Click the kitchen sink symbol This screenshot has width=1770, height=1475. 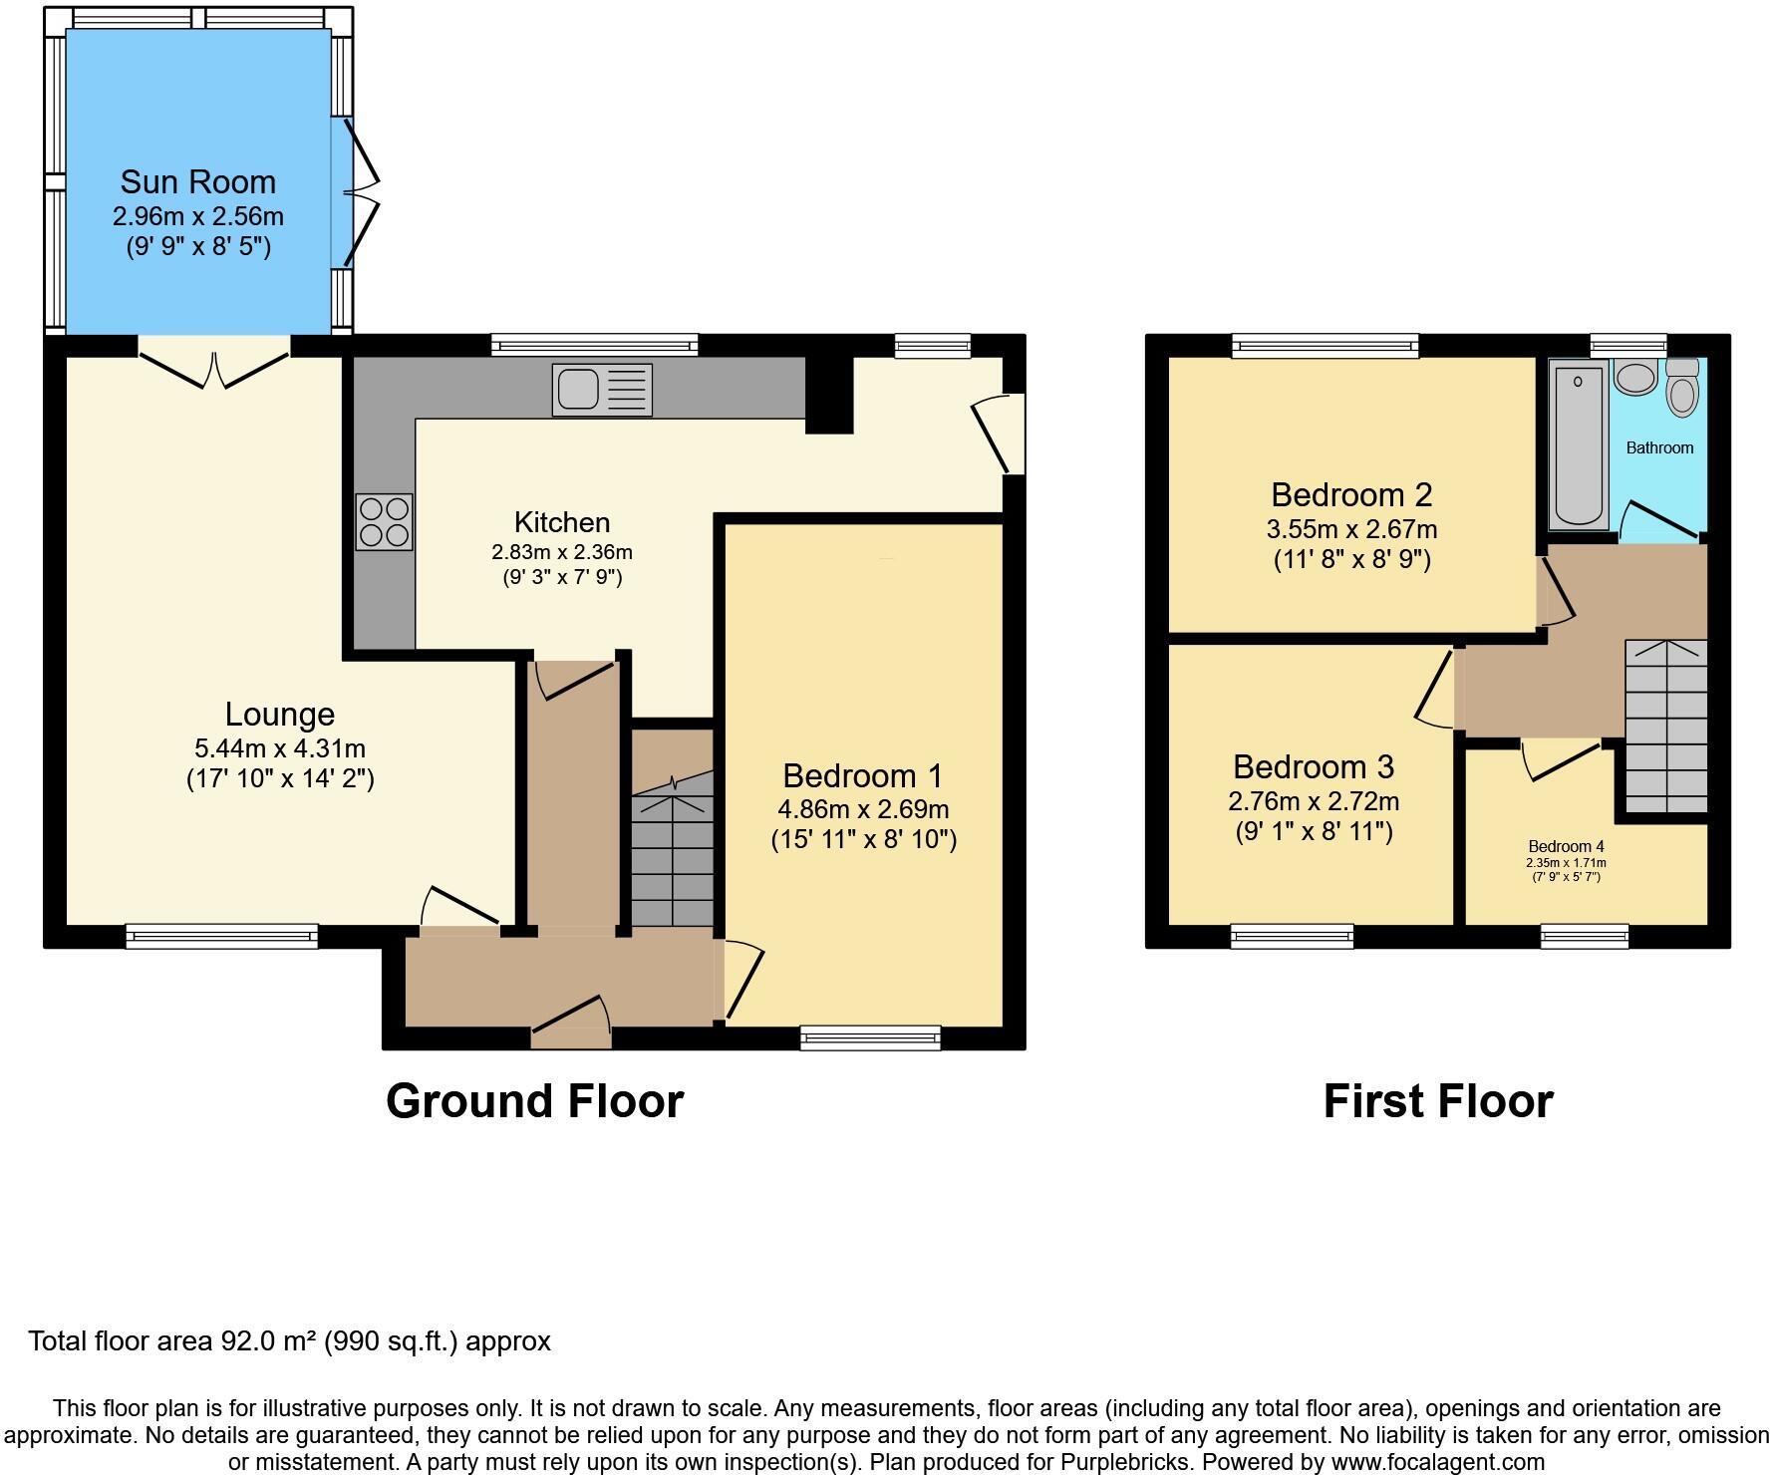(602, 389)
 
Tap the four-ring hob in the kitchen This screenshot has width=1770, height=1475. (385, 521)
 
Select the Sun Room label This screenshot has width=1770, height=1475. (197, 181)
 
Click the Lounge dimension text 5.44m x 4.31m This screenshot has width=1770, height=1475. (280, 747)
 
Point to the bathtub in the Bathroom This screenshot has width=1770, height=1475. (1579, 444)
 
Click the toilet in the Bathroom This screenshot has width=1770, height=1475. (1682, 387)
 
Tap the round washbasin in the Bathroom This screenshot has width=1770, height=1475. (1634, 379)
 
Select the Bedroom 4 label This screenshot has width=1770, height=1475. (1566, 847)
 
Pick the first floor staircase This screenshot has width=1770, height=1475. (1665, 726)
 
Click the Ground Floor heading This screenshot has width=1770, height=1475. (534, 1101)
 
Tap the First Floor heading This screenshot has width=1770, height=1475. (1437, 1101)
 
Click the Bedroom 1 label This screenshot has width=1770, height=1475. (862, 775)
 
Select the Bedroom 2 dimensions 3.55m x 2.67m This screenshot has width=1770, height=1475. (1351, 528)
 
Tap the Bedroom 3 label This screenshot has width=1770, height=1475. (1313, 766)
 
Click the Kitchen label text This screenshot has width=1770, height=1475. (561, 522)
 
